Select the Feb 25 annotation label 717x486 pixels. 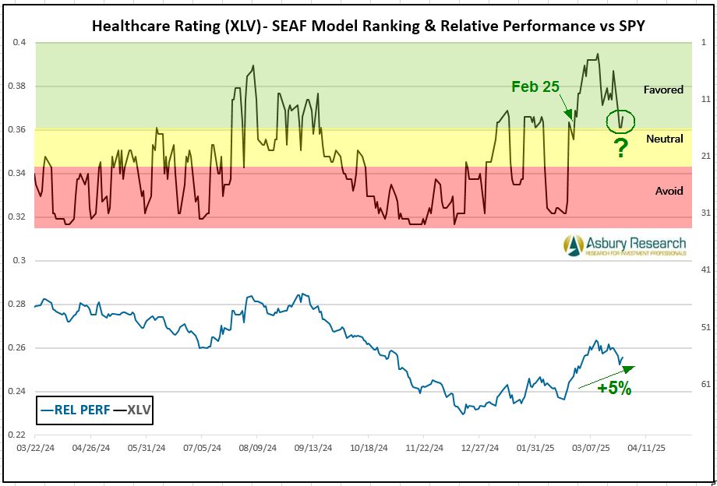pos(535,86)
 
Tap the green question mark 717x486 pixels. pos(620,149)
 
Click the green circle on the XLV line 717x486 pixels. pos(620,121)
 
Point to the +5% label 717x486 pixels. pos(614,387)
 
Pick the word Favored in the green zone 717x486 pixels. pos(662,90)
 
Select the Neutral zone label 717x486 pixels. pos(664,139)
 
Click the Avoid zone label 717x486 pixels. pos(669,191)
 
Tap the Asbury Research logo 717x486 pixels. pos(626,245)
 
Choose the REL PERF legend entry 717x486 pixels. pos(76,409)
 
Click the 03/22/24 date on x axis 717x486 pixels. pos(34,449)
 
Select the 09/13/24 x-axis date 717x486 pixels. pos(313,449)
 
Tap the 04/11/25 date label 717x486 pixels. pos(646,449)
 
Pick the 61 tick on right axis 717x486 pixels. pos(706,383)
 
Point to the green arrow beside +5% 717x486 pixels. pos(606,376)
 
